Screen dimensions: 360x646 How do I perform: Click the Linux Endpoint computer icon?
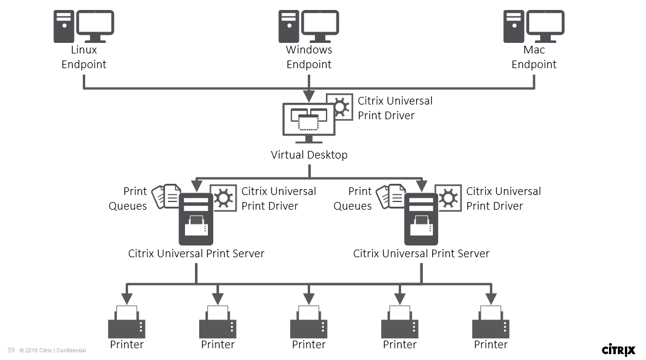tap(83, 26)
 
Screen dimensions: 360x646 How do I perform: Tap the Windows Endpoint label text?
tap(309, 57)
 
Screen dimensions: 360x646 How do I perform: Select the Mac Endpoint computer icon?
tap(534, 26)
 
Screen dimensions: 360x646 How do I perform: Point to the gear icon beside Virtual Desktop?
tap(339, 107)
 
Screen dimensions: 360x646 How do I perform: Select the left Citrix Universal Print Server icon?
tap(196, 218)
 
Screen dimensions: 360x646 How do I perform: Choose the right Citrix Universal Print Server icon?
tap(421, 218)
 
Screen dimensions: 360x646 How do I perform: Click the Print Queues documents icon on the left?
tap(167, 197)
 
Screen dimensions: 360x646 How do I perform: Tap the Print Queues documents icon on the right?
tap(392, 197)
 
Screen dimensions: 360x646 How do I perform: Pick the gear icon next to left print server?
tap(223, 198)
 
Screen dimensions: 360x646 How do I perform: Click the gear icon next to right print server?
tap(448, 198)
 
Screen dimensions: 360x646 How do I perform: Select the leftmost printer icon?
tap(127, 322)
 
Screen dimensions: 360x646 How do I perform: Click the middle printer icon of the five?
tap(309, 322)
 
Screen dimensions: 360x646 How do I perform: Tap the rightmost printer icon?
tap(491, 322)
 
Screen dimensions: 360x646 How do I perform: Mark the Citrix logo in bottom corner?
tap(618, 349)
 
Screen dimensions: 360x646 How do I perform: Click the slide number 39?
tap(11, 350)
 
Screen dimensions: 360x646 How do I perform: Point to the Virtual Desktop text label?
tap(309, 155)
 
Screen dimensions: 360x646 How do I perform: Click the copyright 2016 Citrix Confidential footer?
tap(53, 351)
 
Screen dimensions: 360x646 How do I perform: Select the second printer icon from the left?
tap(218, 322)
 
